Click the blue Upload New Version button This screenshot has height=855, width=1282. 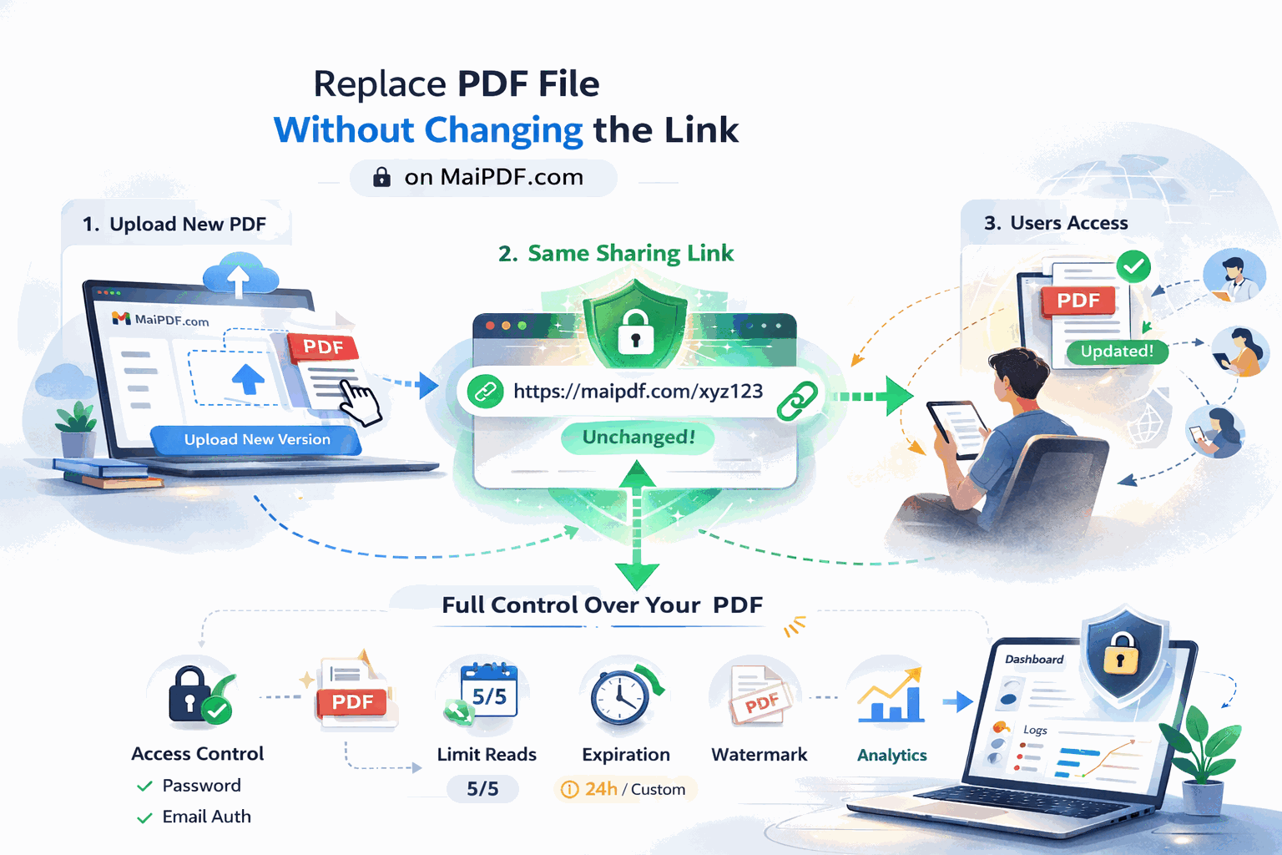(x=257, y=439)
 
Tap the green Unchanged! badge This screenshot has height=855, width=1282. (x=638, y=438)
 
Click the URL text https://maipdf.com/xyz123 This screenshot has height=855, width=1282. (x=638, y=391)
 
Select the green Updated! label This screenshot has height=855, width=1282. (x=1117, y=352)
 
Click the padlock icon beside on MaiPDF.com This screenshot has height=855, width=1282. (x=381, y=177)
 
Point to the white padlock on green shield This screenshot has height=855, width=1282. (x=636, y=331)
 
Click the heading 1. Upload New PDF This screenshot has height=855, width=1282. (x=174, y=224)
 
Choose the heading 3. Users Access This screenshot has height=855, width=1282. (x=1056, y=223)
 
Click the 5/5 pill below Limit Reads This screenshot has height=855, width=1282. (x=482, y=788)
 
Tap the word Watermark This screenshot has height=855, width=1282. (x=759, y=755)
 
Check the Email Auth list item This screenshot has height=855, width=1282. (x=205, y=817)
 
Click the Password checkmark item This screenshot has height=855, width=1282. (x=200, y=786)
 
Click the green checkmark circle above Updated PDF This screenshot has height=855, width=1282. (x=1133, y=267)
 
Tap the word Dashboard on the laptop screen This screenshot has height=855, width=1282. (x=1034, y=660)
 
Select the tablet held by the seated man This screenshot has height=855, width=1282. (x=957, y=427)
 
